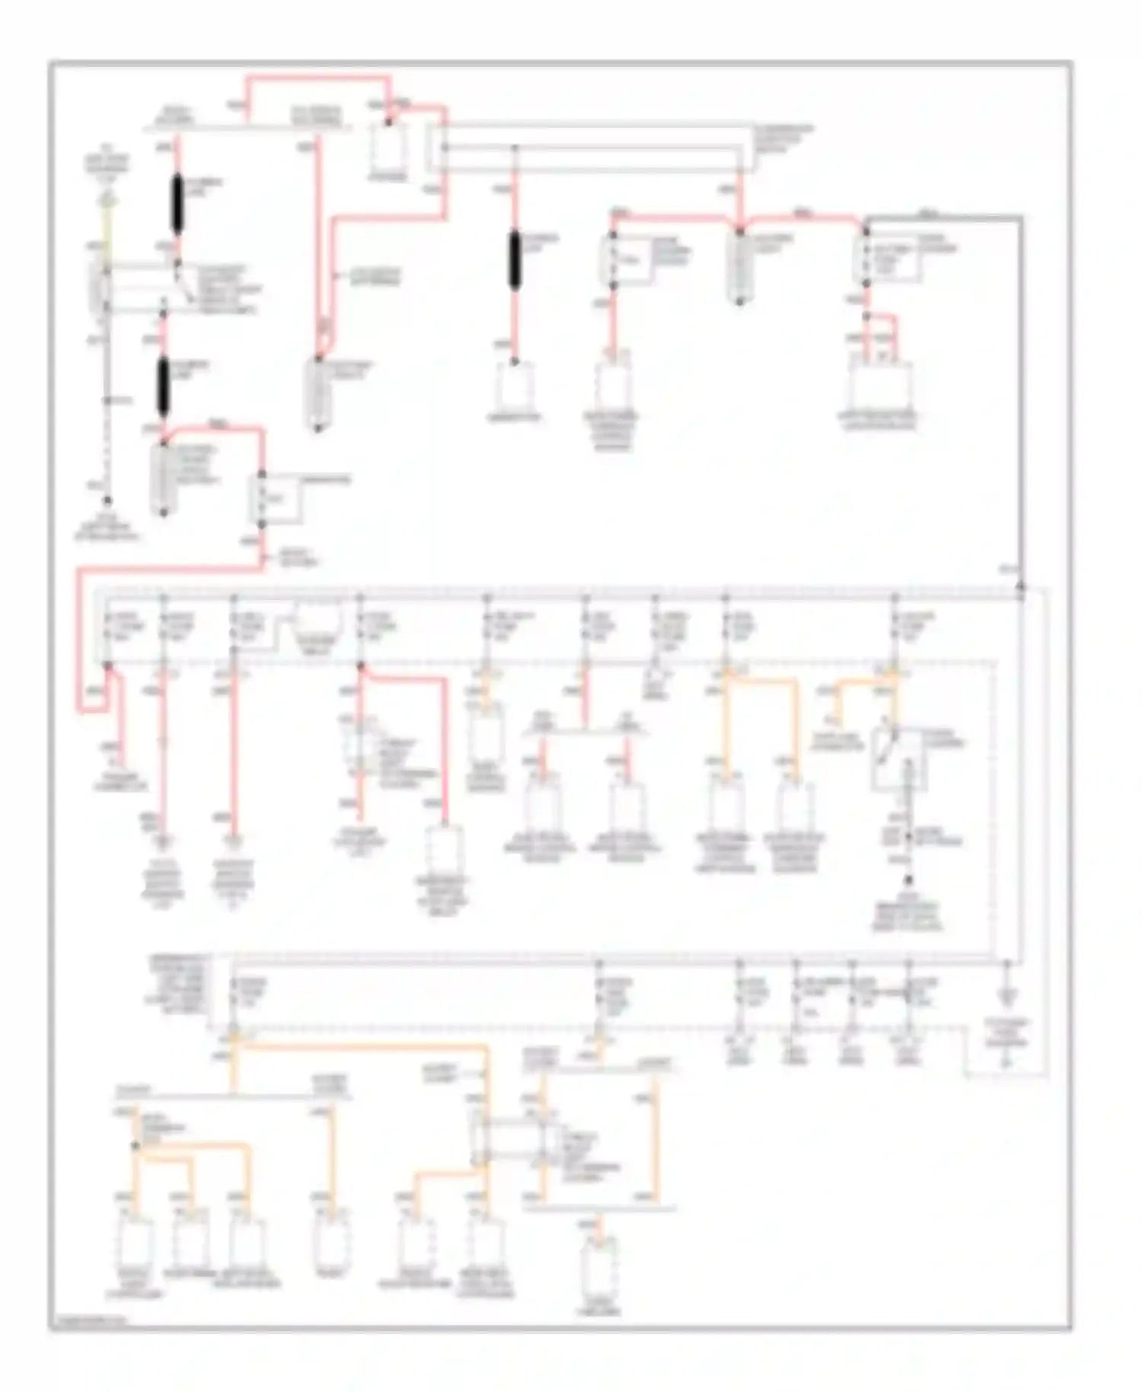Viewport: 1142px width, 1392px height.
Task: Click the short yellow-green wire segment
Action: [x=107, y=225]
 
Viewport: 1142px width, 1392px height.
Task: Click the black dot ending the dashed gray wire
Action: [x=107, y=500]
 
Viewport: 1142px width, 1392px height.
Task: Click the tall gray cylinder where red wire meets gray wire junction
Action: [x=739, y=267]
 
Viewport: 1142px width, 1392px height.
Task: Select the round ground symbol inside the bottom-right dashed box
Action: [x=1006, y=1062]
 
